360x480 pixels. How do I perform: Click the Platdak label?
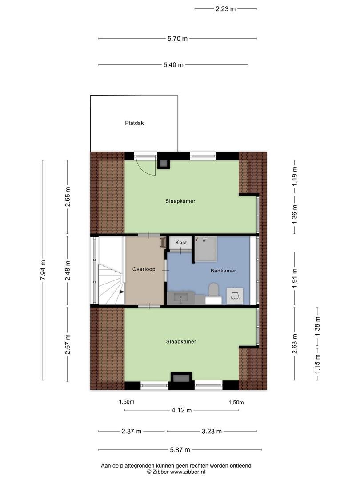tap(134, 123)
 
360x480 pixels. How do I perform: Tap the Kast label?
tap(181, 243)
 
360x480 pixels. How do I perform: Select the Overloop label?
tap(144, 269)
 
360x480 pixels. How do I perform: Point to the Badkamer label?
tap(223, 271)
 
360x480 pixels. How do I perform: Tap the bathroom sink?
tap(181, 298)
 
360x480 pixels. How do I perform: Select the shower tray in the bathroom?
tap(206, 248)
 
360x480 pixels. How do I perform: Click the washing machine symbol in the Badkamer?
tap(235, 296)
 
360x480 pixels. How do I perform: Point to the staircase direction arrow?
tap(121, 292)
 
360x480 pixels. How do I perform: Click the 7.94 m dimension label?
tap(43, 270)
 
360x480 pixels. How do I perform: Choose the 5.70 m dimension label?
tap(177, 39)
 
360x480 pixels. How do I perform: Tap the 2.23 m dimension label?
tap(226, 9)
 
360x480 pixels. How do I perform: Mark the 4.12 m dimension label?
tap(181, 410)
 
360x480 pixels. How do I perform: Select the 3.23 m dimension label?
tap(212, 431)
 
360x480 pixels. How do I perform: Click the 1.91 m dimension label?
tap(295, 278)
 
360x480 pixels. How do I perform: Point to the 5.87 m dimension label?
tap(180, 450)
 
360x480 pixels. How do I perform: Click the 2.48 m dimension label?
tap(68, 270)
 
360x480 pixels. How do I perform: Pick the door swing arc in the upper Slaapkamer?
tap(147, 169)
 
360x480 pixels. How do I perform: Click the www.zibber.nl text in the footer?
tap(188, 472)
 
